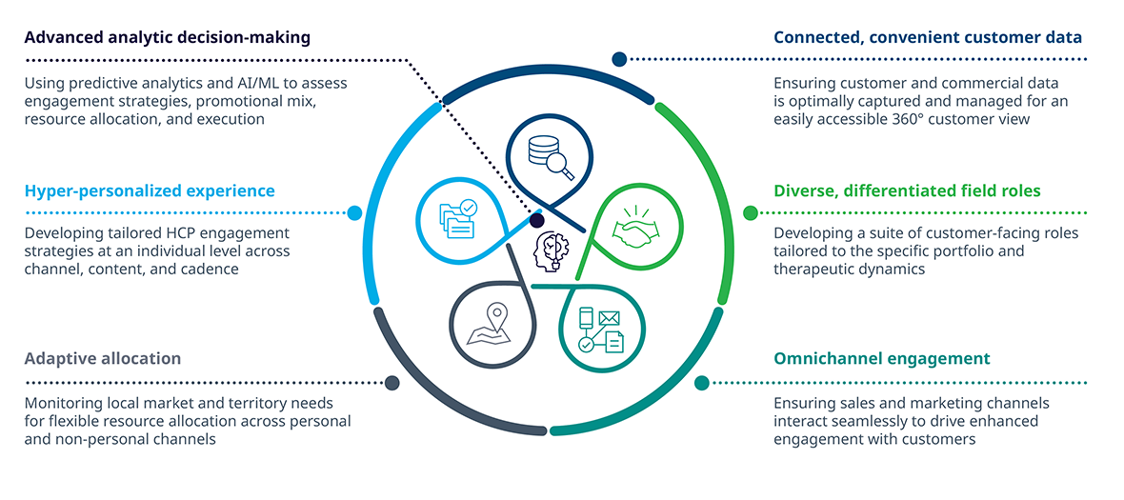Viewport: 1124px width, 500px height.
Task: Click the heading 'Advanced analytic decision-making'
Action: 168,37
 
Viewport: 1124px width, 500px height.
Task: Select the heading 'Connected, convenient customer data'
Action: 928,37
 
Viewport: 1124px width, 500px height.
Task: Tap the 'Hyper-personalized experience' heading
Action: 150,191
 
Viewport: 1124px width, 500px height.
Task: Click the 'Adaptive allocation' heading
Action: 103,358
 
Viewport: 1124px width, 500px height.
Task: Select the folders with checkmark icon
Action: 457,219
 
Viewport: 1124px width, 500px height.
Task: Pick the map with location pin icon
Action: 489,325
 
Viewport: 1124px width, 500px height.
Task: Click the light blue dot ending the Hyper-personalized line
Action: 354,212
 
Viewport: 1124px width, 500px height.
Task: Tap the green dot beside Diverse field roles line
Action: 750,212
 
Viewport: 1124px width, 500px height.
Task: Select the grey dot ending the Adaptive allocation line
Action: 391,383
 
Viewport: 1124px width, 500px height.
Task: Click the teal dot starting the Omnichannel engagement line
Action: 702,383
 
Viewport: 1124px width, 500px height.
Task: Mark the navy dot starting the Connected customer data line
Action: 619,59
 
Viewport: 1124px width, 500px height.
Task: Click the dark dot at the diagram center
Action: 537,219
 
